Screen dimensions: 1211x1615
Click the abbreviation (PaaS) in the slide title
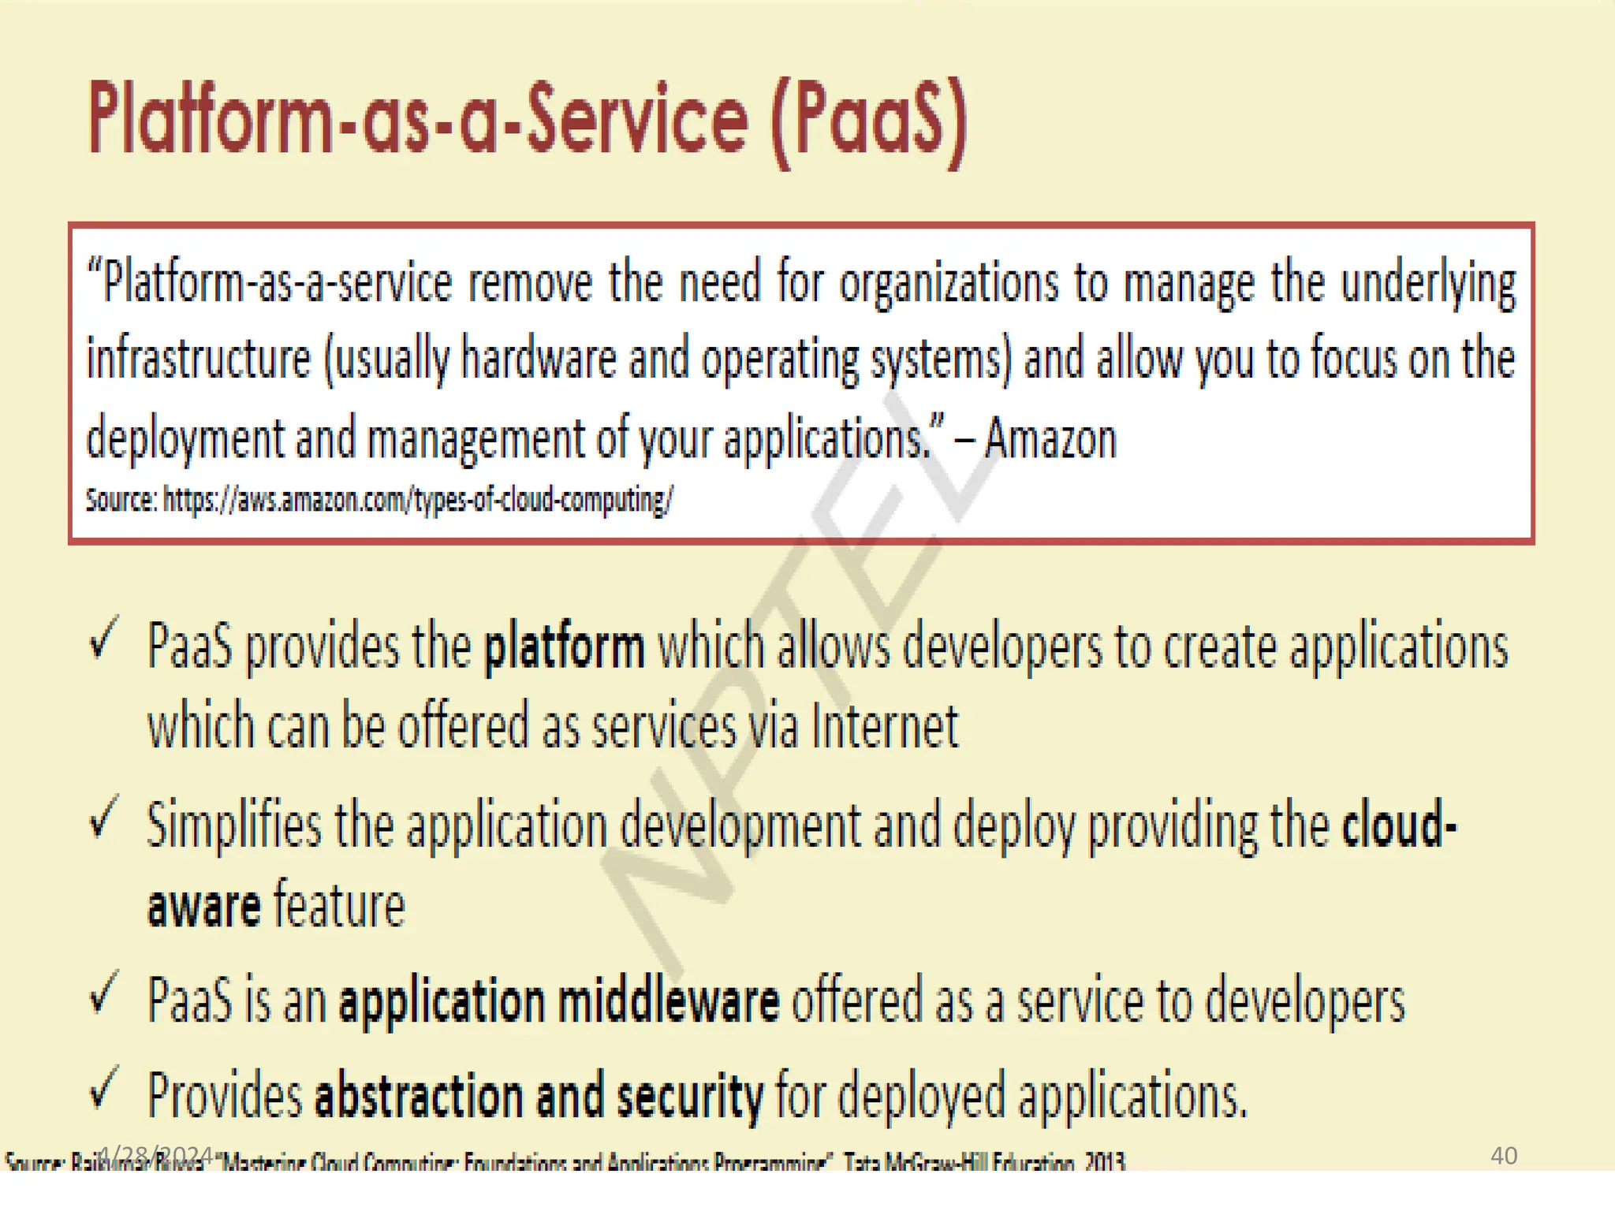click(869, 122)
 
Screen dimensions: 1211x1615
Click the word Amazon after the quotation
click(1050, 439)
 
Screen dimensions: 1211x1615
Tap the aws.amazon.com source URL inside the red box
click(418, 500)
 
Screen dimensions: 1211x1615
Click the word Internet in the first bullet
click(884, 727)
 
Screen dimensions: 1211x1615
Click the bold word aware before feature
click(203, 907)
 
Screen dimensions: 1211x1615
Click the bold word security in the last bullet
click(689, 1097)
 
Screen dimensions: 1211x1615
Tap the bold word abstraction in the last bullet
click(418, 1097)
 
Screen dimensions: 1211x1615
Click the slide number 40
click(1503, 1156)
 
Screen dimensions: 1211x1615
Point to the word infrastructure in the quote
click(199, 360)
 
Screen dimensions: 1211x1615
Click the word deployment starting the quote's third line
click(185, 439)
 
